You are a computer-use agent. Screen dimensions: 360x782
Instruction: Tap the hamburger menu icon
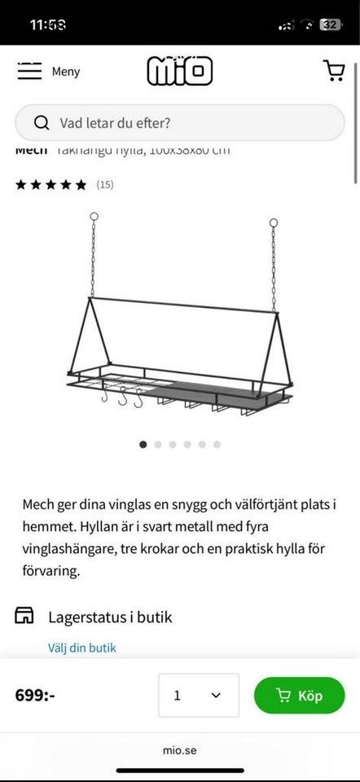[29, 71]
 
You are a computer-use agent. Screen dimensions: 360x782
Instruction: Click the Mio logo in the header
[179, 71]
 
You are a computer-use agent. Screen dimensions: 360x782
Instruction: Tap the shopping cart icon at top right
[334, 71]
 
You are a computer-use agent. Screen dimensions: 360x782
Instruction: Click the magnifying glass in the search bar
[42, 123]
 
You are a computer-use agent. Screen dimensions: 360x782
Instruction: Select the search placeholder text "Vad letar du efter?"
[115, 123]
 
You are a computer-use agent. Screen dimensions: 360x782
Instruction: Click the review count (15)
[104, 185]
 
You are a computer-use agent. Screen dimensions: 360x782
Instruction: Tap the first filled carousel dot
[143, 445]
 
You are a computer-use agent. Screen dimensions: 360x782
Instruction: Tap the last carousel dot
[217, 445]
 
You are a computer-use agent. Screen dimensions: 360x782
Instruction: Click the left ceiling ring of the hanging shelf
[94, 217]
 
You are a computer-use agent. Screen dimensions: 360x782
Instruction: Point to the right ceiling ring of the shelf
[274, 222]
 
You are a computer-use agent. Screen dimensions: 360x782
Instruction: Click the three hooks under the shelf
[122, 399]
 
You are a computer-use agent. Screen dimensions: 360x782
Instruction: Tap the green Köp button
[299, 696]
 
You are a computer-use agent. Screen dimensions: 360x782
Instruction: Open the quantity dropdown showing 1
[198, 696]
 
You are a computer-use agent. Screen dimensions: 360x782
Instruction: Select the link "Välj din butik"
[82, 648]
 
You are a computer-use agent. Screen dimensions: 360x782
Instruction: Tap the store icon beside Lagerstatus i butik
[25, 616]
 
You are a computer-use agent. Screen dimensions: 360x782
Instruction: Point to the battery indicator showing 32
[329, 24]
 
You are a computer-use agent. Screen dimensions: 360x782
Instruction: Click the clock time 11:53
[49, 24]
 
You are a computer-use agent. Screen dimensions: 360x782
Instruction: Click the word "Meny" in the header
[66, 72]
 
